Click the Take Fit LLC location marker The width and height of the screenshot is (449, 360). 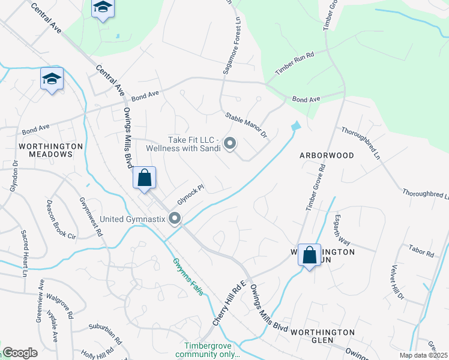pos(230,143)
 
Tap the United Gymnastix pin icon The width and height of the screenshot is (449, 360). pos(175,218)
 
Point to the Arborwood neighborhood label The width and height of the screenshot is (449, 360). pos(327,155)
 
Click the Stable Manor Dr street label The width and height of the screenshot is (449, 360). pos(246,125)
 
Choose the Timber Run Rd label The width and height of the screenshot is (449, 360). pos(295,64)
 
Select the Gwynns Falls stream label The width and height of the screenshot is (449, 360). pos(187,276)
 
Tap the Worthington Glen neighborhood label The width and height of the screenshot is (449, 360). pos(323,332)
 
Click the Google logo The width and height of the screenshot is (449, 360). pos(20,353)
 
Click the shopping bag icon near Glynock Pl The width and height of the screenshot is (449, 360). pos(144,178)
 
